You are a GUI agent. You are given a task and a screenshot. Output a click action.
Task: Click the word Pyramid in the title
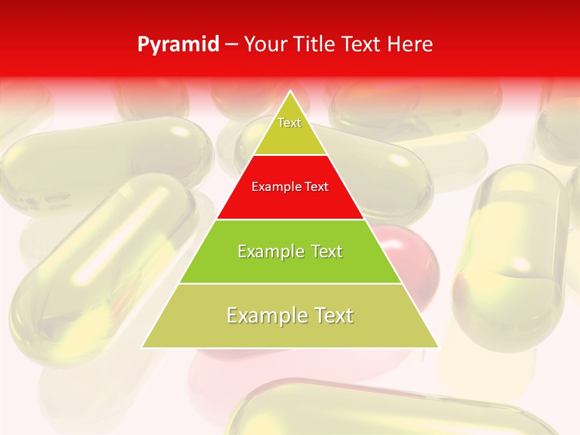click(178, 45)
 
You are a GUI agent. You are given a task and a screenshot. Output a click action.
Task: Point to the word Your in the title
click(266, 45)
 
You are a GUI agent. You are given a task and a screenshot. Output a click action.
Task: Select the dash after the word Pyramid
click(231, 45)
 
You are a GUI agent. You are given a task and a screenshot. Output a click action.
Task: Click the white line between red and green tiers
click(290, 219)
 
